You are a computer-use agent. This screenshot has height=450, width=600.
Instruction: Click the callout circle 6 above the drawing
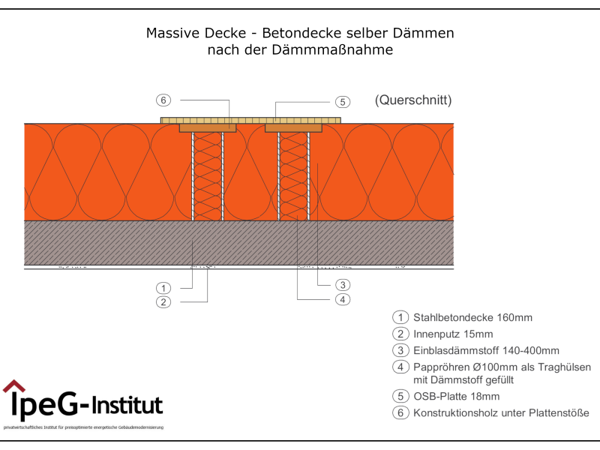point(163,100)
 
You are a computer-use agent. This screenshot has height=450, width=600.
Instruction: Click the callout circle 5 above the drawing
point(341,102)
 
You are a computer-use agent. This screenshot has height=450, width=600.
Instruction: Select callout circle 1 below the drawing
point(163,288)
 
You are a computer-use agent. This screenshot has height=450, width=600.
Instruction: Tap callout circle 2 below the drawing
point(163,302)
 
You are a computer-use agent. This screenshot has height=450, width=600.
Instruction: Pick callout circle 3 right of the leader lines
point(341,285)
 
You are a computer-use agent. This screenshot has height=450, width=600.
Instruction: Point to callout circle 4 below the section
point(341,299)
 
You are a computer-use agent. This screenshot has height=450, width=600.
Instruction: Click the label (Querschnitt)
point(413,100)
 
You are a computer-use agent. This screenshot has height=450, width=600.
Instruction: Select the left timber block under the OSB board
point(208,128)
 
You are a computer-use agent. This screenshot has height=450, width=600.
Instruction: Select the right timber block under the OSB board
point(294,128)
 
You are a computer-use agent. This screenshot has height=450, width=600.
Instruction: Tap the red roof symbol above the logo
point(13,387)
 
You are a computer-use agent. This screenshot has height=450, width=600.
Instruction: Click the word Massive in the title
point(169,34)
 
